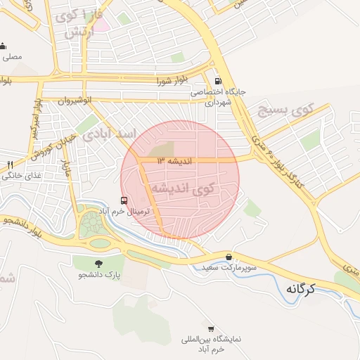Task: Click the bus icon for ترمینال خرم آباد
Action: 124,200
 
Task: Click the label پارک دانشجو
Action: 99,274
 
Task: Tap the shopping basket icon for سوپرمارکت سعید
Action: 230,257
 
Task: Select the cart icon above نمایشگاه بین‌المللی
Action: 211,328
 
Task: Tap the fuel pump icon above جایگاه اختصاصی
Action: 217,81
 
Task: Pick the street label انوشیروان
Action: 75,101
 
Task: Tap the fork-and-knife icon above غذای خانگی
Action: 10,165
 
